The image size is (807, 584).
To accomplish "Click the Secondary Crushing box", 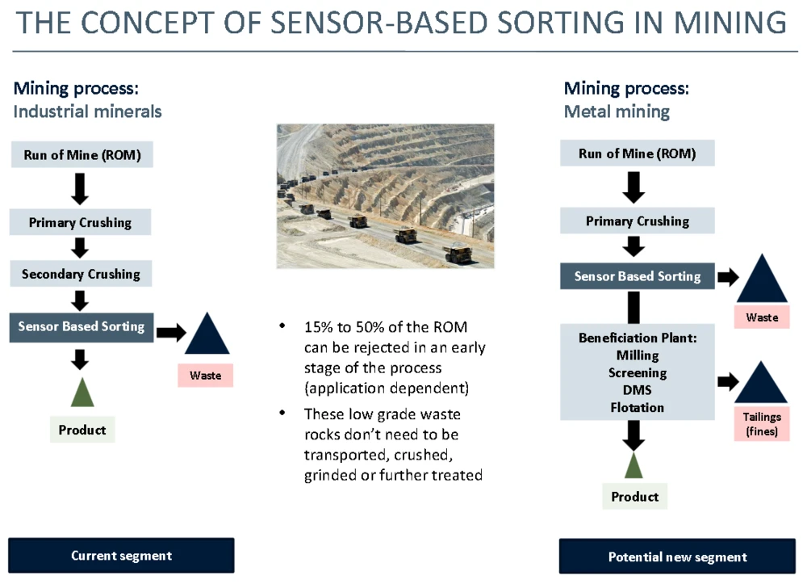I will (x=81, y=275).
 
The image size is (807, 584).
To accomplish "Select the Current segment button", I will (x=121, y=556).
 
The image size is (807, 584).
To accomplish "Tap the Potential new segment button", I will (x=677, y=557).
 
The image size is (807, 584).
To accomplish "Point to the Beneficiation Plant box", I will (x=638, y=372).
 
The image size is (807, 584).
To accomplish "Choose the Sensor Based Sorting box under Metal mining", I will (x=638, y=276).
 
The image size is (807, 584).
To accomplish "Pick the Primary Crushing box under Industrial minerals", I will (x=81, y=223).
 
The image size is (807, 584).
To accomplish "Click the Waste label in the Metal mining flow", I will (x=762, y=317).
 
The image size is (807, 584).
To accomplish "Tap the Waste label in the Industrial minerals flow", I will (x=205, y=376).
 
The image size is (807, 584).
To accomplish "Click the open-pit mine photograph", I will (x=385, y=195).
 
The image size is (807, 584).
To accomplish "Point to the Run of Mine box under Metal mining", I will (x=638, y=153).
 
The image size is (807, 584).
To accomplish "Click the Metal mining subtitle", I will (x=617, y=111).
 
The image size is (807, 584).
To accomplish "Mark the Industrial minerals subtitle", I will (x=87, y=111).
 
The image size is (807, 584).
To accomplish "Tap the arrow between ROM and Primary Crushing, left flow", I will (x=80, y=188).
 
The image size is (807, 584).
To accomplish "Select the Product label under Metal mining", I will (x=635, y=497).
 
